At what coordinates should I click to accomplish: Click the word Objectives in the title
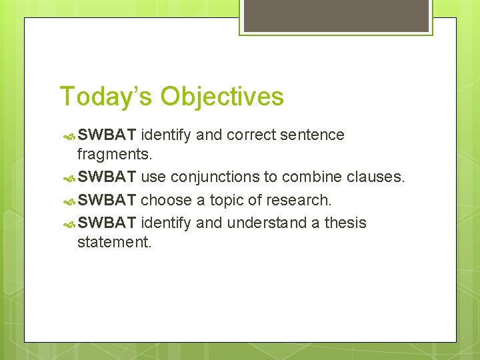(x=222, y=97)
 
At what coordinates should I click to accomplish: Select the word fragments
(x=115, y=155)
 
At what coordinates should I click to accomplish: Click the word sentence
(x=312, y=135)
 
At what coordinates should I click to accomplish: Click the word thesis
(x=345, y=222)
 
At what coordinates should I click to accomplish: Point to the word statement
(x=115, y=242)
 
